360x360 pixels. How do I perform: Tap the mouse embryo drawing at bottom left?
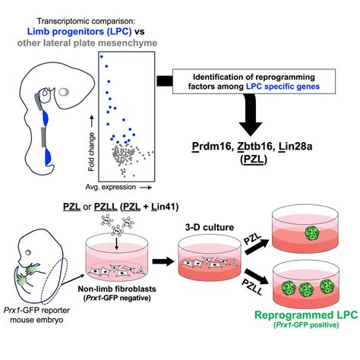point(38,266)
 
